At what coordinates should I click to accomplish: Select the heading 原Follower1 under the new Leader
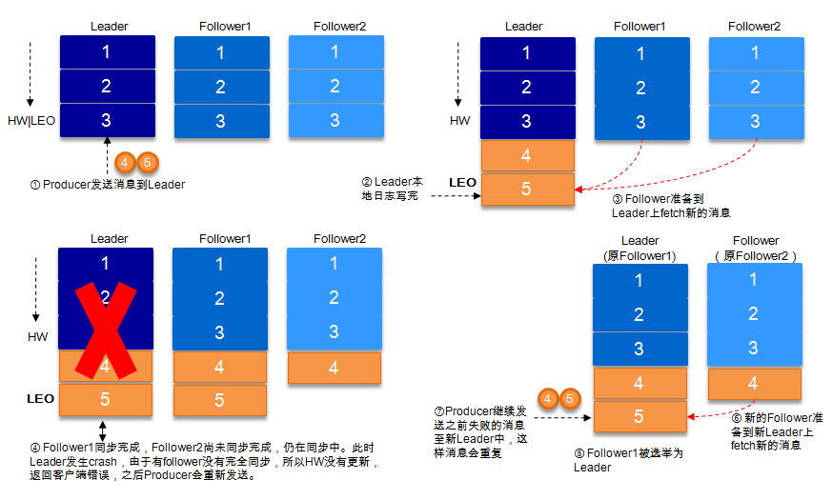[x=639, y=255]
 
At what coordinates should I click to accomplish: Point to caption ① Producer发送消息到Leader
[x=108, y=184]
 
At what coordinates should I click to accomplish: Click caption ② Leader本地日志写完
[x=392, y=189]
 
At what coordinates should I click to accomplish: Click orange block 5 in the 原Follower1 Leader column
[x=639, y=416]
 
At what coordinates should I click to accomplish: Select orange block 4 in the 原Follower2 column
[x=754, y=383]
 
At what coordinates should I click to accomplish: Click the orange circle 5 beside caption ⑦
[x=569, y=398]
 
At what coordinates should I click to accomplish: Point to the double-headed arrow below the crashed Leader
[x=103, y=430]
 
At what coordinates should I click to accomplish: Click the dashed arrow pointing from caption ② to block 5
[x=454, y=197]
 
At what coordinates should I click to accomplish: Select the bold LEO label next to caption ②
[x=462, y=181]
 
